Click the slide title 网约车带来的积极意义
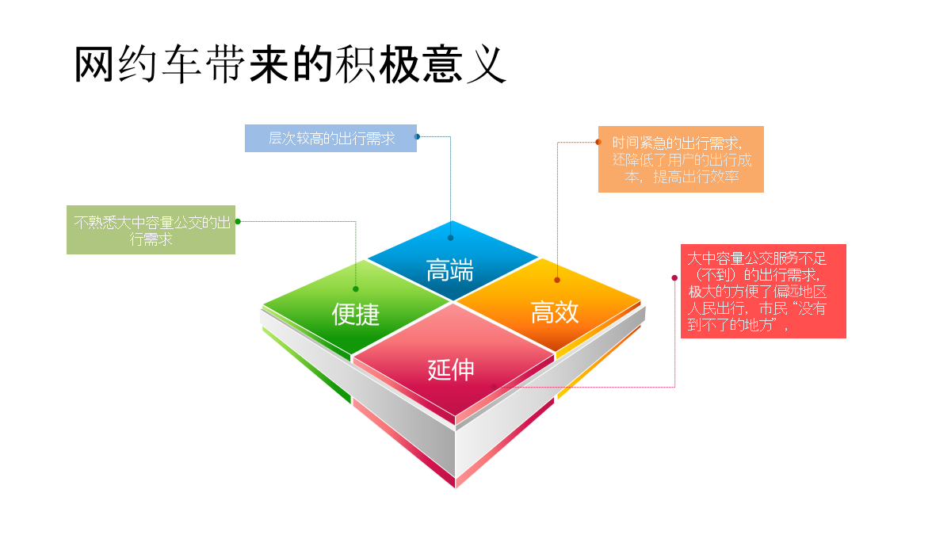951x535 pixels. [x=290, y=64]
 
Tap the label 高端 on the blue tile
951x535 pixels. [x=449, y=270]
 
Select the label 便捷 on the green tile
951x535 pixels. [x=355, y=314]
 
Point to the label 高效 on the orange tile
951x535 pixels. [x=555, y=312]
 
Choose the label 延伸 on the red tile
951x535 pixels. [x=450, y=369]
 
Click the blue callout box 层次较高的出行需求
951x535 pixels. [x=330, y=138]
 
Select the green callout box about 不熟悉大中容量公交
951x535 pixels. [x=151, y=230]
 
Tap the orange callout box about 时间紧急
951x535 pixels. [x=681, y=159]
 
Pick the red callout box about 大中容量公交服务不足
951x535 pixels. [x=763, y=292]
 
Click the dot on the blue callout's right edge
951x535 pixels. [x=417, y=136]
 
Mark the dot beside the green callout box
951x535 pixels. [x=238, y=221]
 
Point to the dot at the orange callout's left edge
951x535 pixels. [x=598, y=142]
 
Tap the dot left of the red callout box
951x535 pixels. [x=674, y=277]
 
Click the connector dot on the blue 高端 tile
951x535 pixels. [x=450, y=238]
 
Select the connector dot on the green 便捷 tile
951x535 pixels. [x=356, y=289]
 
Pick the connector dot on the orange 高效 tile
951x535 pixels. [x=557, y=280]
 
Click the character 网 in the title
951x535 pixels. [x=94, y=64]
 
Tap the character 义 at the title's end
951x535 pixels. [x=487, y=64]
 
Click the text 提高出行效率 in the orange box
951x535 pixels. [x=696, y=176]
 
